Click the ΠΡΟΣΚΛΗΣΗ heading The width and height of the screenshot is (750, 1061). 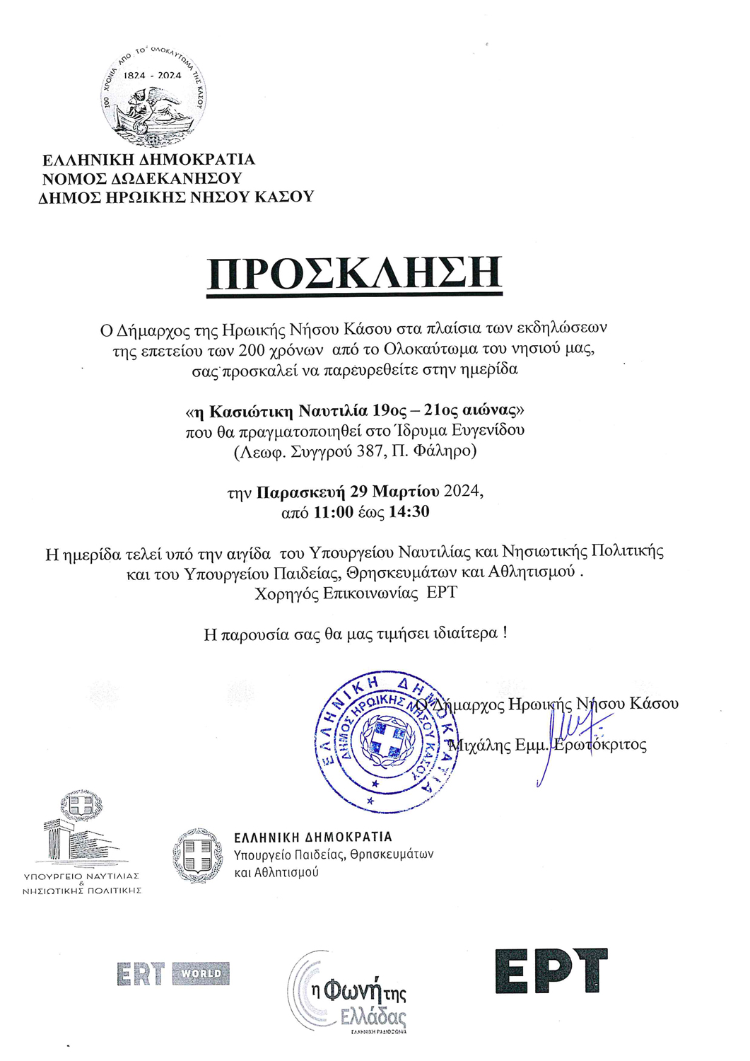pos(354,274)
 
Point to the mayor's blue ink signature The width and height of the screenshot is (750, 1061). pos(569,746)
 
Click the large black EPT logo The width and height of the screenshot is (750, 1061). pos(551,971)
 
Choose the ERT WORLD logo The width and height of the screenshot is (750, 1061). pos(173,974)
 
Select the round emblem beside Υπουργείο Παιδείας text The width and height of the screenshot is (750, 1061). pos(198,856)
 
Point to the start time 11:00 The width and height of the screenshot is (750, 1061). pos(333,512)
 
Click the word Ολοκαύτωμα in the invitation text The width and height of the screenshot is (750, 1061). pos(431,349)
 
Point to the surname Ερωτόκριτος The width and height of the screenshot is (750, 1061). pos(600,745)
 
